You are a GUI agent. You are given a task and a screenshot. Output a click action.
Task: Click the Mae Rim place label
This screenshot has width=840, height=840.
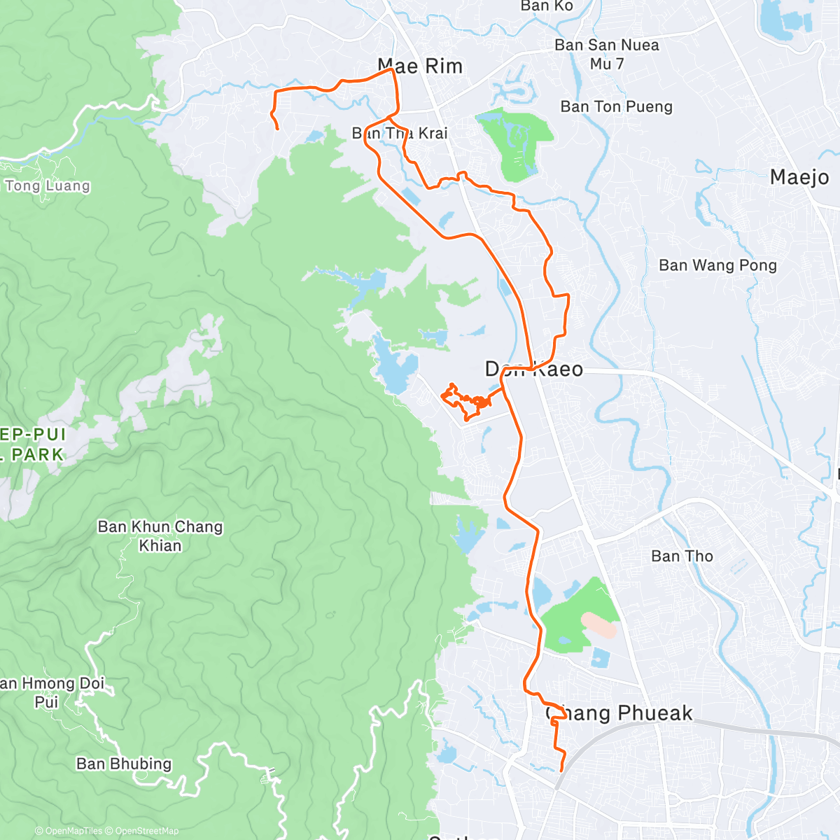(420, 66)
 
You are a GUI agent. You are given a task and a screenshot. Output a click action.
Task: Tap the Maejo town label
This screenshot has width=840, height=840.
(799, 177)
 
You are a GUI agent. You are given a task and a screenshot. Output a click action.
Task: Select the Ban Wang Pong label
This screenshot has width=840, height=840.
(717, 265)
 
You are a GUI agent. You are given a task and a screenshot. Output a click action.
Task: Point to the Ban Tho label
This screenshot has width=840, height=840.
(682, 556)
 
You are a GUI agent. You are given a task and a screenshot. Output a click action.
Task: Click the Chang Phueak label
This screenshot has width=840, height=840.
(619, 713)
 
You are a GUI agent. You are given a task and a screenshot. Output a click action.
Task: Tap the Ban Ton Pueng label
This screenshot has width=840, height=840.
(616, 107)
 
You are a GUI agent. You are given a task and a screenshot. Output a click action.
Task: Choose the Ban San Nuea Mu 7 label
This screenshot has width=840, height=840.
(606, 55)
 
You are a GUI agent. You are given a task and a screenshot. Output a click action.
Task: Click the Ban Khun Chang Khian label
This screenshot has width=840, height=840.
(160, 536)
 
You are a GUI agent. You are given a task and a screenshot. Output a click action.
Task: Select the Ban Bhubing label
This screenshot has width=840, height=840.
(124, 764)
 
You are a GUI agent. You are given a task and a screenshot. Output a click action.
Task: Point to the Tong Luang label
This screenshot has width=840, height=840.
(48, 186)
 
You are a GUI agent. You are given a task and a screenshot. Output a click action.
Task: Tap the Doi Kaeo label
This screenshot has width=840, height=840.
(534, 370)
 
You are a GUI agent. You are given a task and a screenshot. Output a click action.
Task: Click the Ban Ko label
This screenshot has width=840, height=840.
(547, 6)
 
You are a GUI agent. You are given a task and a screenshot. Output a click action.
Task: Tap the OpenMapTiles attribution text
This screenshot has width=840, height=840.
(73, 831)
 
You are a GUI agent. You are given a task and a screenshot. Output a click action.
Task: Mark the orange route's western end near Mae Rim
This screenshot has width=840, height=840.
(278, 129)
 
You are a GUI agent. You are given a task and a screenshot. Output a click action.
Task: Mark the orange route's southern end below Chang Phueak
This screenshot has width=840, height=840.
(561, 771)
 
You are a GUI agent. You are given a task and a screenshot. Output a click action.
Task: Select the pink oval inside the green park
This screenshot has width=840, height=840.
(598, 624)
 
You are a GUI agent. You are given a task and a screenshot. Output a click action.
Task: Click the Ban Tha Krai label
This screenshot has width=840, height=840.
(400, 133)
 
